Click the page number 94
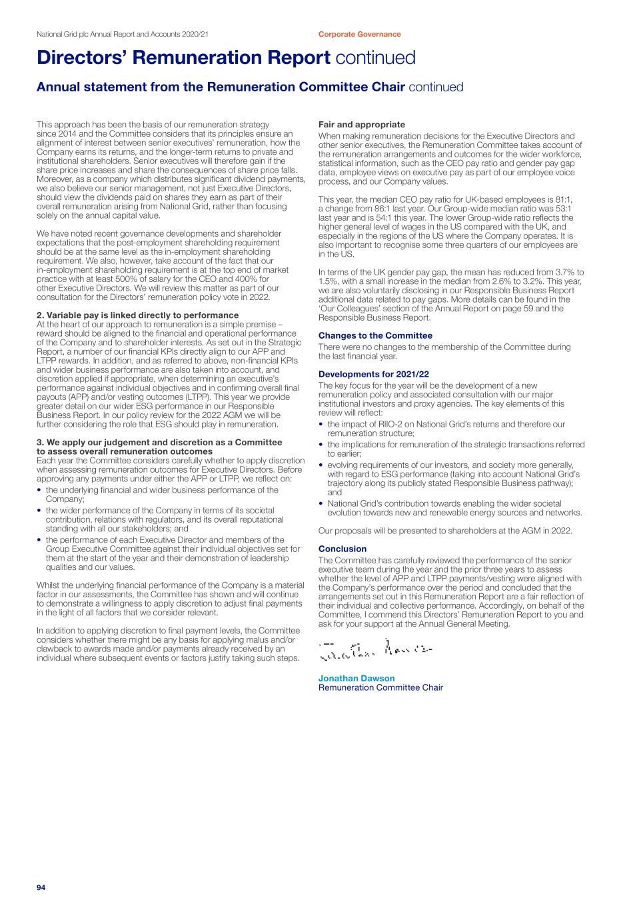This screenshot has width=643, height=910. pos(41,887)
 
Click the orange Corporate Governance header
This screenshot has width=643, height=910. pos(359,34)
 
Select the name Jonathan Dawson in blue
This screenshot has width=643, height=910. pos(356,679)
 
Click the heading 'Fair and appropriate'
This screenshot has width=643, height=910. pos(361,125)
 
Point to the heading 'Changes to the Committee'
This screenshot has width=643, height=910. pos(375,336)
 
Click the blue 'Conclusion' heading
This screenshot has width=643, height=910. pos(342,549)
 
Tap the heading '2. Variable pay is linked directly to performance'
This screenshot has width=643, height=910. pos(137,315)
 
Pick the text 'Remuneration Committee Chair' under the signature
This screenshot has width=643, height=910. pos(380,688)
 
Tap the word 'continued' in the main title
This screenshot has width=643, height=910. pos(376,58)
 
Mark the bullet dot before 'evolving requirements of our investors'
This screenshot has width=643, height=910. pos(321,465)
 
